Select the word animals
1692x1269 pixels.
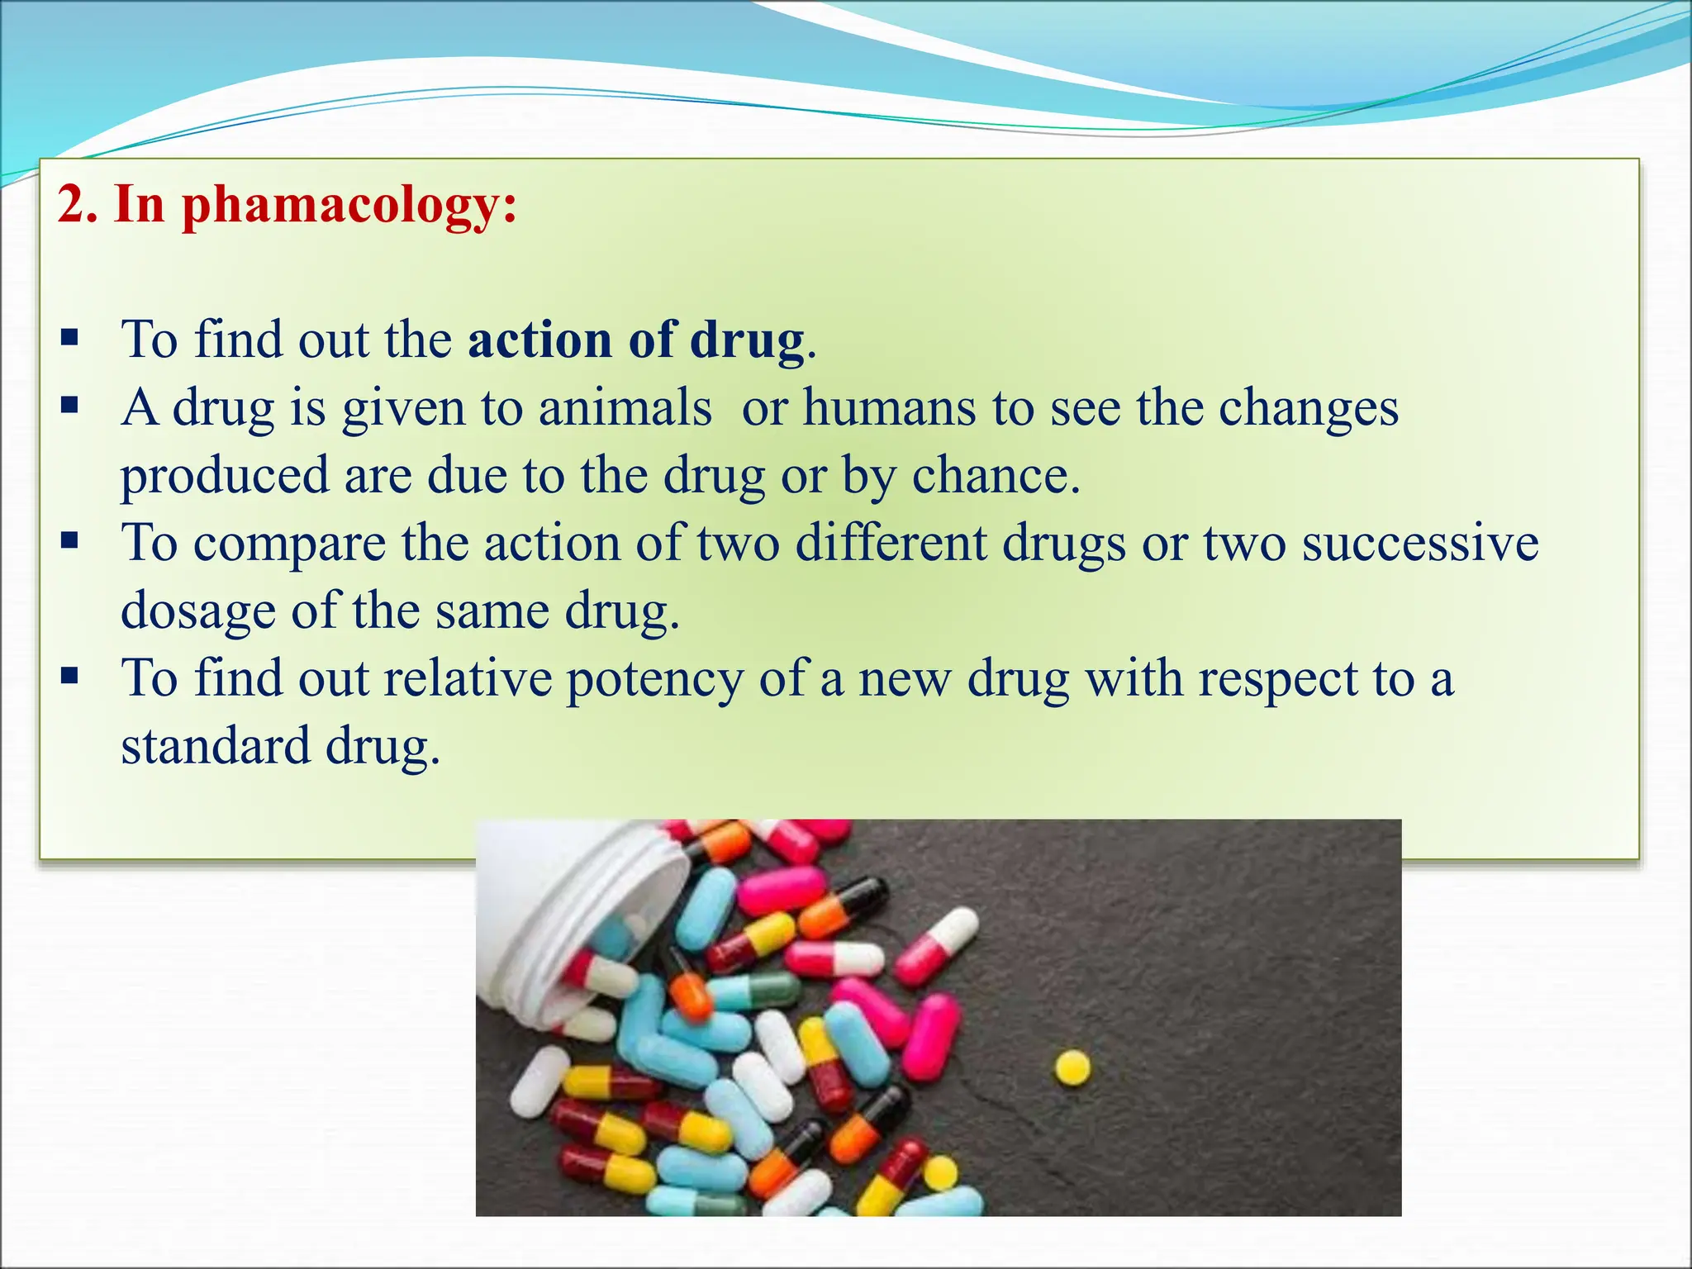click(x=625, y=408)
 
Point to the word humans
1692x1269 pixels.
click(x=889, y=408)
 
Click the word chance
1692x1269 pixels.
click(x=996, y=476)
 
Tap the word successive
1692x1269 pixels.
click(x=1420, y=544)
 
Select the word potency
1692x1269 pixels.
click(x=654, y=681)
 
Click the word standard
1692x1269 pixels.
click(x=216, y=747)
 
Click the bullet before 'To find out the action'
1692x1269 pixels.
click(x=70, y=338)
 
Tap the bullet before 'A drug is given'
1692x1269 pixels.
click(x=70, y=406)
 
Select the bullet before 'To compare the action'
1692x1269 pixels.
click(x=70, y=542)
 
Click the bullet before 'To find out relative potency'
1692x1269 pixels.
click(x=70, y=677)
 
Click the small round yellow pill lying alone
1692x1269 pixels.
click(x=1072, y=1067)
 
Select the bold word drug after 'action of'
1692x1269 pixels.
click(x=748, y=340)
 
